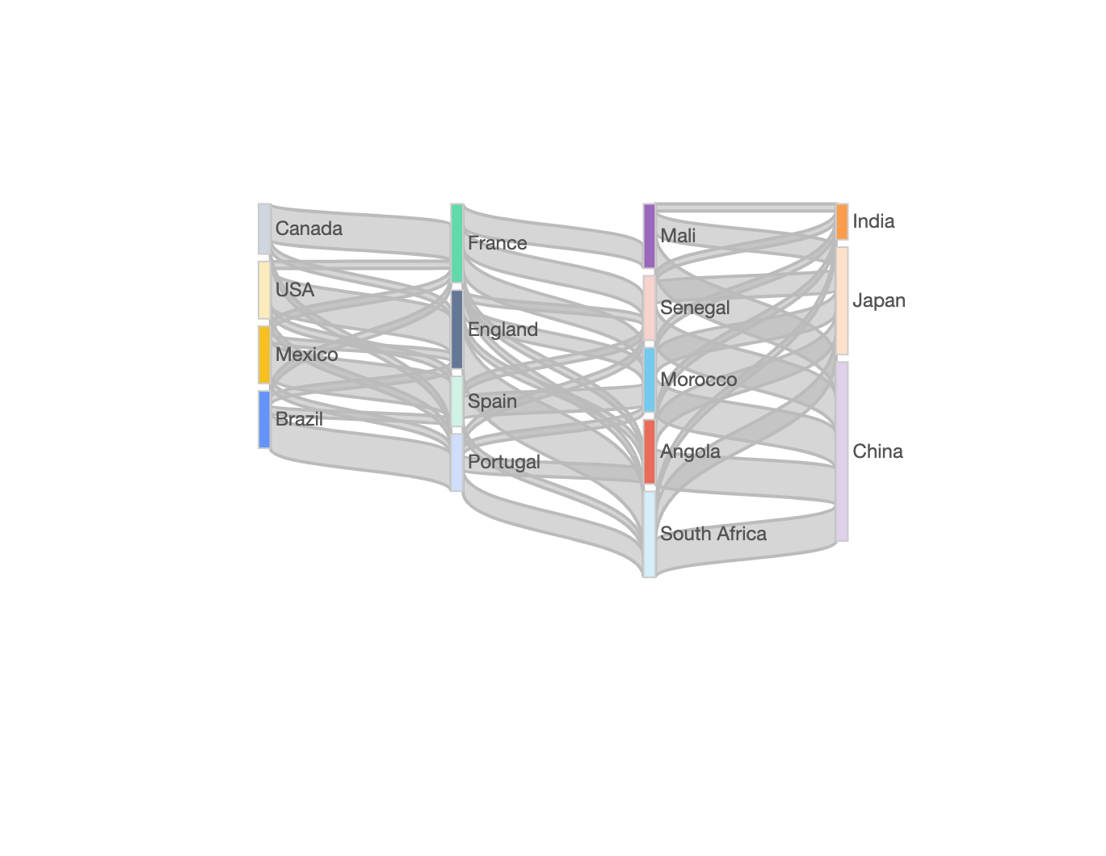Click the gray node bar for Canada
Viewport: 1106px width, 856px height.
pos(264,229)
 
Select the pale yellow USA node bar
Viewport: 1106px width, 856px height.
pos(264,290)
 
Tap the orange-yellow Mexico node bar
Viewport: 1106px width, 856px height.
pos(264,355)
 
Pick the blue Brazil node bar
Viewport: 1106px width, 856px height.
pos(264,419)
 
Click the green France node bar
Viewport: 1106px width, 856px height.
pos(456,243)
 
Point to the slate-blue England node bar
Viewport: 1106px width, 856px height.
pos(456,329)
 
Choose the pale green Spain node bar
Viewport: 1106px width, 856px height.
pos(456,401)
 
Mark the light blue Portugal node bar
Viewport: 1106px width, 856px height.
pos(456,462)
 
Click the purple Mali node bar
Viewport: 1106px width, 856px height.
pos(649,236)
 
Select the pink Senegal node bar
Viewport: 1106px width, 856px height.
pos(649,308)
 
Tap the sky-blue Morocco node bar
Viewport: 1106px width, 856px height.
pos(649,380)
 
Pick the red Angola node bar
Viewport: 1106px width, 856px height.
pos(649,451)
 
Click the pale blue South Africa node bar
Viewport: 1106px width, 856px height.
pos(649,534)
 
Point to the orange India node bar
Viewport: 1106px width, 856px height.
pos(842,221)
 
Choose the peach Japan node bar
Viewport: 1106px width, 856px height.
pos(842,300)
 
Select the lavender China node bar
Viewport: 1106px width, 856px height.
pos(842,451)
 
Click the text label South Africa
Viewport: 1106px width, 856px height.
pos(713,534)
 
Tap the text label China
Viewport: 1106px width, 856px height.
pos(877,451)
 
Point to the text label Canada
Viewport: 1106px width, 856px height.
pos(309,229)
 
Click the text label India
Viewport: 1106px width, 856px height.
pos(873,221)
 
